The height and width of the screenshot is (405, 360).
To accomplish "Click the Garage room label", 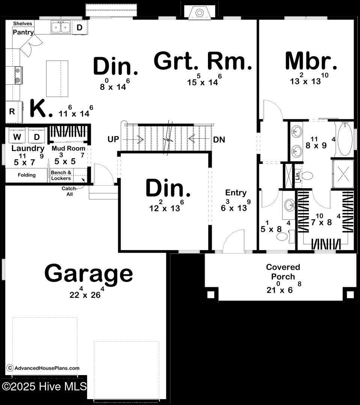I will (x=89, y=273).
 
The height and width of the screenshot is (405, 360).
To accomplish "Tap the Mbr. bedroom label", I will (x=311, y=61).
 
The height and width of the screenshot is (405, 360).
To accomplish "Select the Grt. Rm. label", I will (x=203, y=61).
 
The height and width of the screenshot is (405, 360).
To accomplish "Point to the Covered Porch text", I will (x=283, y=272).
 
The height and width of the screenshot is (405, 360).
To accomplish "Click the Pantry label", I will (x=23, y=32).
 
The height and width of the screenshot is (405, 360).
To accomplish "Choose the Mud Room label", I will (x=69, y=148).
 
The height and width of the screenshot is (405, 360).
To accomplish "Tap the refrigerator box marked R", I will (x=12, y=111).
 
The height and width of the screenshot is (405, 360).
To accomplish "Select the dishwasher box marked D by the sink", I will (x=80, y=27).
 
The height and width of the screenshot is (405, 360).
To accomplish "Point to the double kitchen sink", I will (x=61, y=27).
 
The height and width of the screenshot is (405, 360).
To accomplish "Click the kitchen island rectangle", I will (x=57, y=78).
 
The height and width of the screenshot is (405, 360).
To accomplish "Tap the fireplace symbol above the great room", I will (x=199, y=13).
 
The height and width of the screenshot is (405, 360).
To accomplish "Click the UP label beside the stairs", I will (x=113, y=139).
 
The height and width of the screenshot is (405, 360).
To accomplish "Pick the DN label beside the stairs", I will (x=219, y=139).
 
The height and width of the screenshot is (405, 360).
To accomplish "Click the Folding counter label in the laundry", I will (x=27, y=175).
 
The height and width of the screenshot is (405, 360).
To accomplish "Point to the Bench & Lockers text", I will (x=61, y=175).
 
